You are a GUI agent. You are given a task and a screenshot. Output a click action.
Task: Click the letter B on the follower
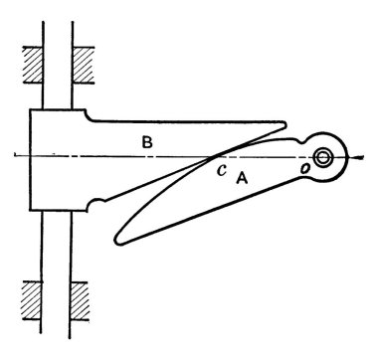tap(147, 142)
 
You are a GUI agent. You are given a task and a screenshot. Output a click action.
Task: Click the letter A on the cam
tap(242, 179)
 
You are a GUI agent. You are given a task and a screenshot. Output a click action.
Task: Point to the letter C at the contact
tap(222, 170)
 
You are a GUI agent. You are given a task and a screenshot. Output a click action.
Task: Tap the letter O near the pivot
tap(305, 169)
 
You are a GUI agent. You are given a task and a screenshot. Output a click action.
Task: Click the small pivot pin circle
tap(322, 157)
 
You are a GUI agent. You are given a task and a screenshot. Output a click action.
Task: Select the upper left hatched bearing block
tap(33, 65)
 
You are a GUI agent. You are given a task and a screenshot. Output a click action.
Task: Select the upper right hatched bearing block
tap(83, 65)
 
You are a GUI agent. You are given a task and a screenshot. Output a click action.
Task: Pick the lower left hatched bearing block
tap(32, 300)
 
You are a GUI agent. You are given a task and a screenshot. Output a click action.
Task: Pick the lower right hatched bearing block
tap(80, 300)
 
